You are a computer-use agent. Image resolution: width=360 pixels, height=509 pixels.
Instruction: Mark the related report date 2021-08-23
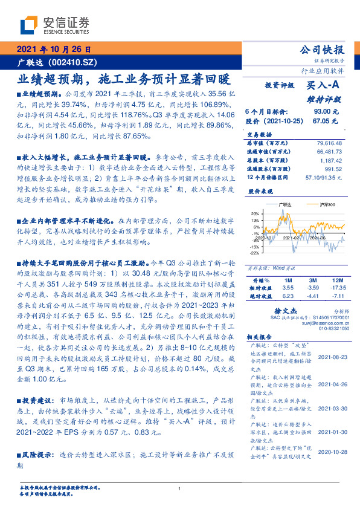[333, 357]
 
